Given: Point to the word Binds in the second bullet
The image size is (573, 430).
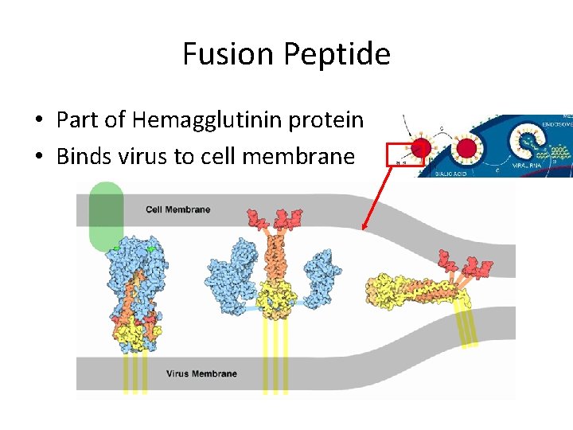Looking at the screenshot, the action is pyautogui.click(x=84, y=156).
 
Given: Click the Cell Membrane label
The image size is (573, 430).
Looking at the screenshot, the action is pyautogui.click(x=177, y=209).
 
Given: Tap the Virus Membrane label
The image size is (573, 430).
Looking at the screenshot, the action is pyautogui.click(x=201, y=373).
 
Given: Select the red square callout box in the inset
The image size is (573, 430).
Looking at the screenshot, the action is pyautogui.click(x=402, y=154).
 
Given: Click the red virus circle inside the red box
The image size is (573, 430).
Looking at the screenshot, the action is pyautogui.click(x=421, y=149).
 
